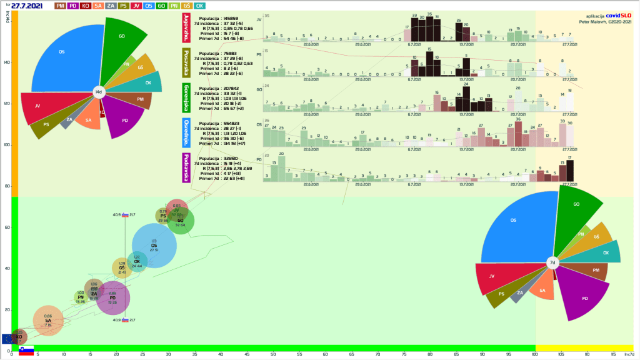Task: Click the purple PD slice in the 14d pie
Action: click(x=125, y=117)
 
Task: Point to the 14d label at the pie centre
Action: click(x=98, y=92)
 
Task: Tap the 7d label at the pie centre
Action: click(x=552, y=263)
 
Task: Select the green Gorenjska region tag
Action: click(x=186, y=98)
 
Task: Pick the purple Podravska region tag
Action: click(x=186, y=167)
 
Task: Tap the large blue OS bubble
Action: click(x=154, y=246)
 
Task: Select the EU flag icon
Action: click(x=7, y=338)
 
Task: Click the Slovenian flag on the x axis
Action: click(x=26, y=351)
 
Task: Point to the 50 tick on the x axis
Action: click(x=273, y=355)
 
